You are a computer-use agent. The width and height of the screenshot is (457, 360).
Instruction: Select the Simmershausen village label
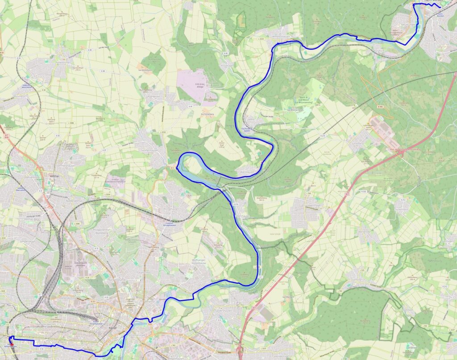click(x=147, y=152)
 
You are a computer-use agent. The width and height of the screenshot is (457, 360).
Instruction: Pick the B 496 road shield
click(x=380, y=107)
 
